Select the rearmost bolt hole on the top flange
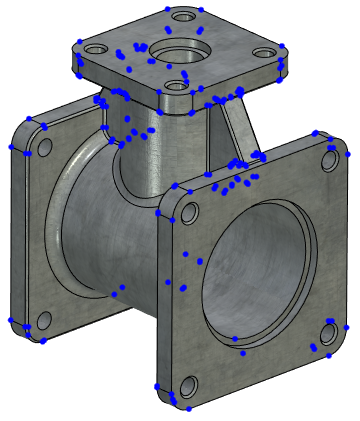click(x=181, y=16)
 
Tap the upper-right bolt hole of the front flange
click(x=330, y=160)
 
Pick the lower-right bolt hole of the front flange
click(x=329, y=333)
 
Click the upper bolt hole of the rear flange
click(x=43, y=147)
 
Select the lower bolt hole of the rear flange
click(x=43, y=320)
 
